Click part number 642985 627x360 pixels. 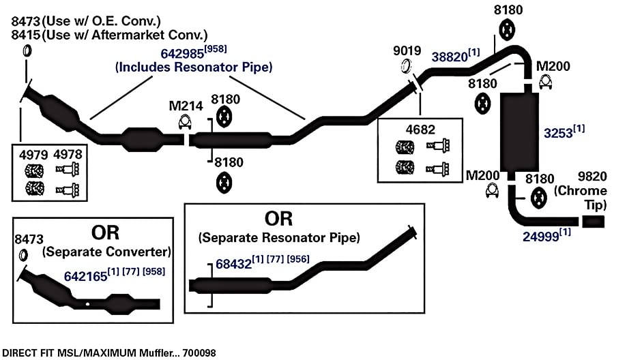(182, 54)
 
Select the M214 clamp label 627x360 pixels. (186, 106)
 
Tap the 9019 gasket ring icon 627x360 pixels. (406, 66)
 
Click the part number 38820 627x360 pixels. (450, 57)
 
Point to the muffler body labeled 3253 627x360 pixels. (519, 132)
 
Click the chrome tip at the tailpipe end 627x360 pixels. (593, 222)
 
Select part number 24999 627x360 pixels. (540, 237)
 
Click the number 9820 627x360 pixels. (592, 176)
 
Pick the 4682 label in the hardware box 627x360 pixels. (420, 130)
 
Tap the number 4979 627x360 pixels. (33, 154)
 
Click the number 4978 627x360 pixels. (68, 154)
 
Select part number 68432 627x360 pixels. (233, 264)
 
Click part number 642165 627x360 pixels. (85, 276)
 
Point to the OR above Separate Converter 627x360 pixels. (105, 232)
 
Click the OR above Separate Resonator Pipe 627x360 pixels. (279, 219)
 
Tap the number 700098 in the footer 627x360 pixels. (199, 353)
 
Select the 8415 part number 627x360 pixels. (26, 35)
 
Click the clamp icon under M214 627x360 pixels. (184, 122)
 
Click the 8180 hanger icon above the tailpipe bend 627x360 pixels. (538, 198)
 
